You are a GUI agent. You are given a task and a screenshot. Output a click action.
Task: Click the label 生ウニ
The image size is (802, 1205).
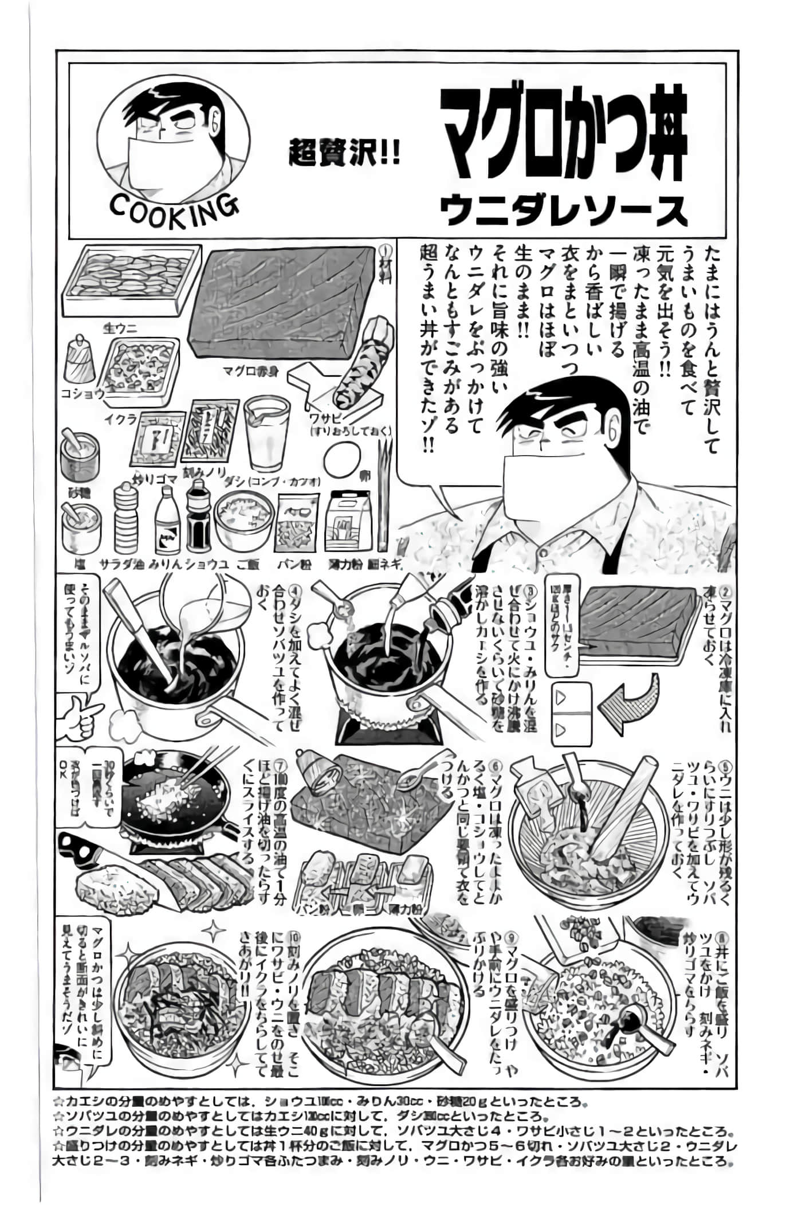[116, 328]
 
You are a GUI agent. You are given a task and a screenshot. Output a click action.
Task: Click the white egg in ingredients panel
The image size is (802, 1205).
[343, 461]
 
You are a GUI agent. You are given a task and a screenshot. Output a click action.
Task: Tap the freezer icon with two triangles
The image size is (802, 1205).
[571, 714]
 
